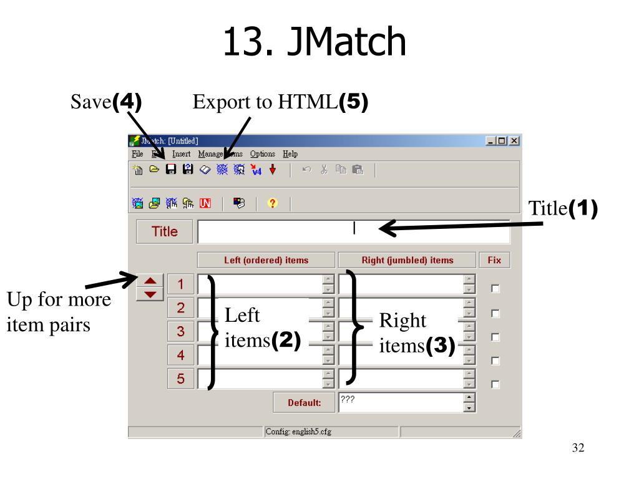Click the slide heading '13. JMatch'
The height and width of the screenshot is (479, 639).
click(315, 41)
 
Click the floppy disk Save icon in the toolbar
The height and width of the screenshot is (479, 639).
click(171, 169)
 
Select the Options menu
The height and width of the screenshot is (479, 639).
click(263, 154)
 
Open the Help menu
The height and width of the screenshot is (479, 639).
click(290, 154)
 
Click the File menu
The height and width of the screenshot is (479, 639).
click(137, 154)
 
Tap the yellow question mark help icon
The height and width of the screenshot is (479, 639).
click(272, 203)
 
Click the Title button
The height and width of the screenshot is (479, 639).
click(164, 231)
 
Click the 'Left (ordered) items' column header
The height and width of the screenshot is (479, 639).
click(266, 260)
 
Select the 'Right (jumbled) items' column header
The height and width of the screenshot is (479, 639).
click(407, 260)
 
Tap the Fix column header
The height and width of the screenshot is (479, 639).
click(494, 260)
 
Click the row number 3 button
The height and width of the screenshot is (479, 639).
click(180, 331)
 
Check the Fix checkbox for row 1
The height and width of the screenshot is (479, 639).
click(495, 288)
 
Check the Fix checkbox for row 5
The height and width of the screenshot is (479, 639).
click(495, 384)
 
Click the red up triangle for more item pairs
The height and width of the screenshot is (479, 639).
click(150, 281)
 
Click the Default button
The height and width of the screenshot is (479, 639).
click(304, 402)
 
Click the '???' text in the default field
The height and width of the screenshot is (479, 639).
click(348, 399)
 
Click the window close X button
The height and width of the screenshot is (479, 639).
click(514, 140)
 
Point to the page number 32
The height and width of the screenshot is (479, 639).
click(578, 448)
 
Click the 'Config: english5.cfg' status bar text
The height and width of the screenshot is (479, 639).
click(298, 432)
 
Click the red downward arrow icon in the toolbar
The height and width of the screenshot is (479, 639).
click(273, 169)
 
